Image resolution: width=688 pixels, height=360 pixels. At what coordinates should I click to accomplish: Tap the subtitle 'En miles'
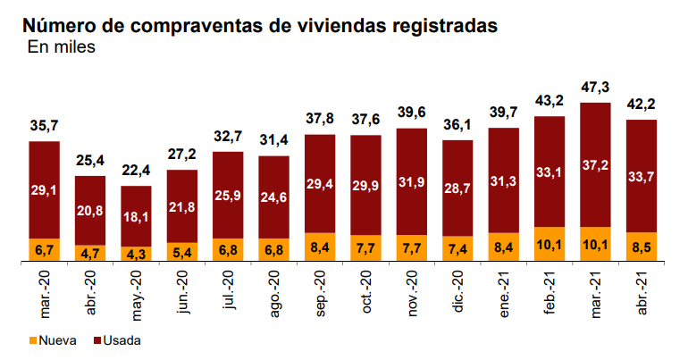[60, 47]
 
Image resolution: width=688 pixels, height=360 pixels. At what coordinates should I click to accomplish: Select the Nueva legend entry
[54, 340]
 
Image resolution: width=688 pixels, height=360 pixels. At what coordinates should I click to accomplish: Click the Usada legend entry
[117, 340]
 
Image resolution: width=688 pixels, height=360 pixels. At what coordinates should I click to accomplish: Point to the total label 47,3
[595, 88]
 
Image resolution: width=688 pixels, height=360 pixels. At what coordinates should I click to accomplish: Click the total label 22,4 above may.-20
[136, 172]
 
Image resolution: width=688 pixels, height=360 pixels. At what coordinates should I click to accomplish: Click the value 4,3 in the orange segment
[136, 254]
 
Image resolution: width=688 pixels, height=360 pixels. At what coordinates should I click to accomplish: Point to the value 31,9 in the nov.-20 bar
[411, 182]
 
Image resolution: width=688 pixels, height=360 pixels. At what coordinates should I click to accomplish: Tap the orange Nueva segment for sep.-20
[320, 247]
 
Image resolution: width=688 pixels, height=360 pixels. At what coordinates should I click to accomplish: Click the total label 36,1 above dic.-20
[457, 126]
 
